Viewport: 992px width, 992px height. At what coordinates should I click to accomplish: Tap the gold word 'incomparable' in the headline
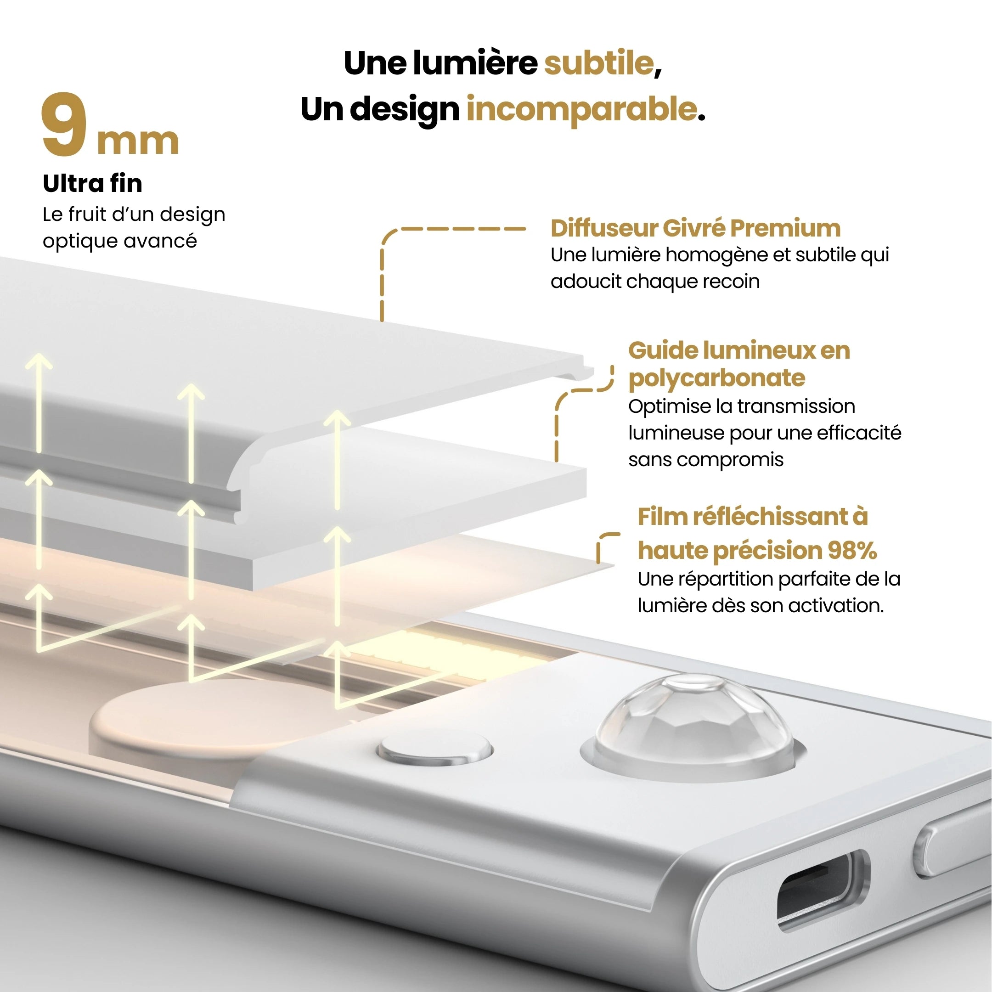582,109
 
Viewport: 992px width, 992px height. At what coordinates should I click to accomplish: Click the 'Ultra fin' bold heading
92,184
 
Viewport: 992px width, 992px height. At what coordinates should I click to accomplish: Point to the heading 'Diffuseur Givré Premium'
695,228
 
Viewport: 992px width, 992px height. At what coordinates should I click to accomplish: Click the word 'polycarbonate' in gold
717,378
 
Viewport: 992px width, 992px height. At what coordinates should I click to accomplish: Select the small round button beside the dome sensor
435,750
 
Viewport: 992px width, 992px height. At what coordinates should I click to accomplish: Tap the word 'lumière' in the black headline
475,63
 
